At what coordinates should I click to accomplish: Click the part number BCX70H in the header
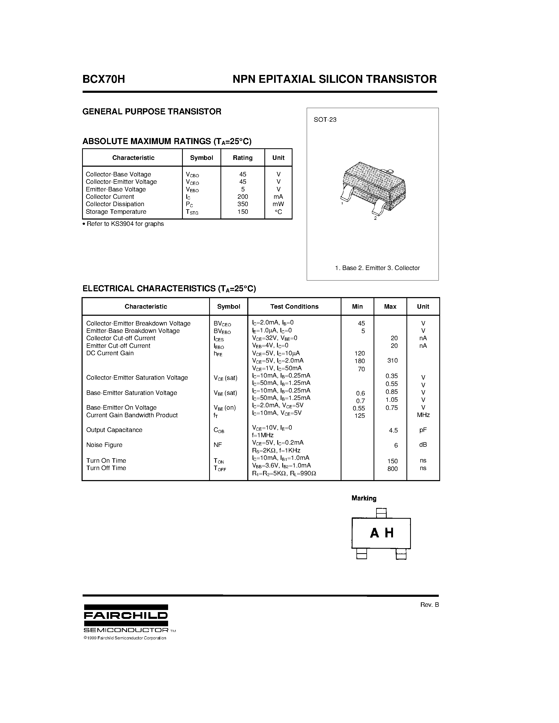tap(104, 79)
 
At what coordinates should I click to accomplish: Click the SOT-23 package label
tap(325, 120)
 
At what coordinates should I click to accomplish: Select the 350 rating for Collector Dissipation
tap(243, 204)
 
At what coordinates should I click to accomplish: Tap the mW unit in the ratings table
tap(278, 204)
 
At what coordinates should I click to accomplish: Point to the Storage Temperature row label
tap(116, 212)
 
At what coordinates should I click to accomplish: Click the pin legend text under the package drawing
tap(377, 268)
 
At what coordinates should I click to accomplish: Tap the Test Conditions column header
tap(294, 307)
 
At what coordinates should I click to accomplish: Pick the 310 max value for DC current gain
tap(392, 360)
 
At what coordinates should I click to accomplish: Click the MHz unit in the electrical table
tap(423, 415)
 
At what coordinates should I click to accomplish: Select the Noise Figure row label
tap(104, 445)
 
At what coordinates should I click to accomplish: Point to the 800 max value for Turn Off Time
tap(392, 469)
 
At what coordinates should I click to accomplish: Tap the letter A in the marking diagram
tap(374, 533)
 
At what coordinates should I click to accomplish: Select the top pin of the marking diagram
tap(381, 513)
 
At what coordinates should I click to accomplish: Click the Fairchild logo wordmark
tap(125, 616)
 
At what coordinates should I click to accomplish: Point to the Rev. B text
tap(429, 604)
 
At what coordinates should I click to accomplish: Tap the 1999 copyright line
tap(125, 638)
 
